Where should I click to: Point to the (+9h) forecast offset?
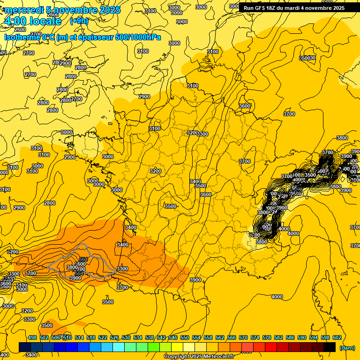pos(79,21)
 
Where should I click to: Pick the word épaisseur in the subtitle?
pos(95,37)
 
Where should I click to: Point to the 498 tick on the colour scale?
pos(32,337)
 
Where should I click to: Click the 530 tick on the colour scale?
pos(126,337)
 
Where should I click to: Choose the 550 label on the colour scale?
pos(185,337)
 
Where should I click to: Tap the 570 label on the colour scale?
pos(243,337)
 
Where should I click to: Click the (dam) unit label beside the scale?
pos(347,348)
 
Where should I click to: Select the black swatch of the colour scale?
pos(330,347)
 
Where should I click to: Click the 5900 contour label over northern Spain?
pos(75,278)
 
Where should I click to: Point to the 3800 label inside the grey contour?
pos(72,267)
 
